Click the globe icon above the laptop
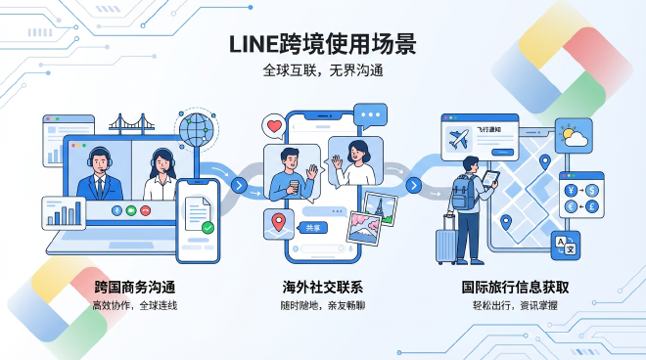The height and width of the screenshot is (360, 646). coord(197,129)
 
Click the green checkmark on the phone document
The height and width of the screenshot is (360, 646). coord(208,228)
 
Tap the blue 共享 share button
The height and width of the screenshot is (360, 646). coord(313,227)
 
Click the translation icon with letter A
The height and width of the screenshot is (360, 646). coord(565,246)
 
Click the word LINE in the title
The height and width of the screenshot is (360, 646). coord(254,44)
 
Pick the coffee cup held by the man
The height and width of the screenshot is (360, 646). coord(293,186)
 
